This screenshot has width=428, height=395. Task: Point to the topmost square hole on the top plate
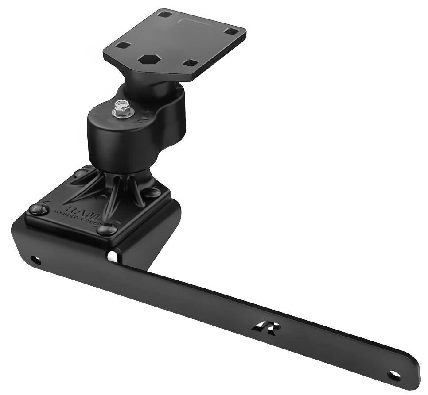tap(165, 14)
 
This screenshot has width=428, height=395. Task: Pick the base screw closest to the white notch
tap(107, 229)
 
